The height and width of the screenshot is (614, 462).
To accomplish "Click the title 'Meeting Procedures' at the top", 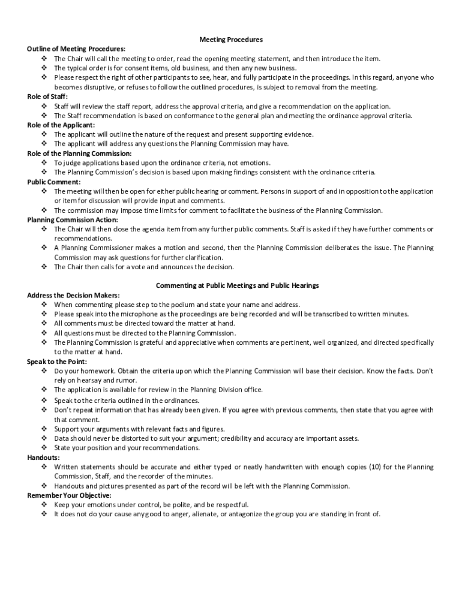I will click(x=231, y=40).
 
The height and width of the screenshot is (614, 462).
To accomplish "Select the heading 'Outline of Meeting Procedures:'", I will click(x=76, y=49).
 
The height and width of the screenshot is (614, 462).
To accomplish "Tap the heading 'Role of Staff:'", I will click(x=47, y=97).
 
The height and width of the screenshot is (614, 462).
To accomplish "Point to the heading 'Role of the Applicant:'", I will click(x=61, y=125).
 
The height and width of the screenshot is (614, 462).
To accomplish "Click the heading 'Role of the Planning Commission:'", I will click(x=79, y=153).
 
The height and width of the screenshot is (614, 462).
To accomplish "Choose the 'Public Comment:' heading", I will click(x=54, y=182).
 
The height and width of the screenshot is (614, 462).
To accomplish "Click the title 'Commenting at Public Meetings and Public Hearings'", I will click(x=237, y=285).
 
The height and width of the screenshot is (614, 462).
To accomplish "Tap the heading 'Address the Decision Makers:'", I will click(x=73, y=295).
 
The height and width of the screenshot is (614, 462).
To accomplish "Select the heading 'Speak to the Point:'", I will click(x=57, y=362).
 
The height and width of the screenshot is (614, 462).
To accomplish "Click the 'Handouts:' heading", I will click(x=43, y=458).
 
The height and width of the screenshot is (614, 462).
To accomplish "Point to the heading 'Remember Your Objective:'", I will click(x=69, y=495).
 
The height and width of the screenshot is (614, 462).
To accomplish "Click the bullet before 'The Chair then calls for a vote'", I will click(x=44, y=267).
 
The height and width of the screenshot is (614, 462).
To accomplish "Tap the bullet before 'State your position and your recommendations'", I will click(x=44, y=448).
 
